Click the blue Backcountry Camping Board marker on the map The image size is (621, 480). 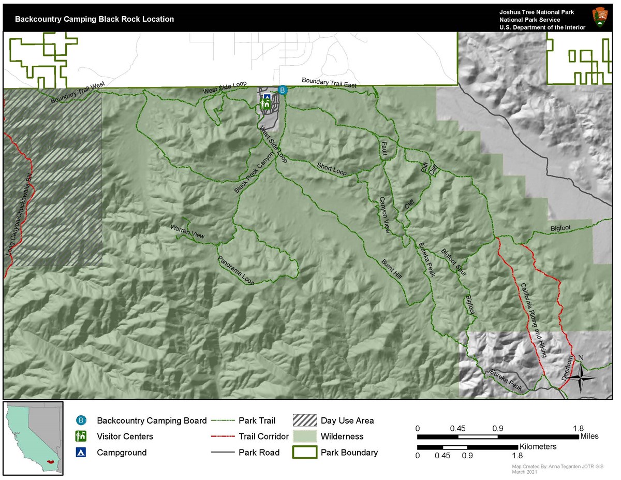tap(282, 90)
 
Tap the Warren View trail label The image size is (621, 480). tap(187, 231)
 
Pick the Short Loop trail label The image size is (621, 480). tap(332, 168)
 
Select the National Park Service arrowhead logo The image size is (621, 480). tap(600, 18)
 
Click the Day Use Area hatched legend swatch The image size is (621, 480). tap(304, 420)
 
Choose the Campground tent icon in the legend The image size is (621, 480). tap(81, 453)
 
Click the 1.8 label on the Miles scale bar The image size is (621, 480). tap(578, 428)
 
